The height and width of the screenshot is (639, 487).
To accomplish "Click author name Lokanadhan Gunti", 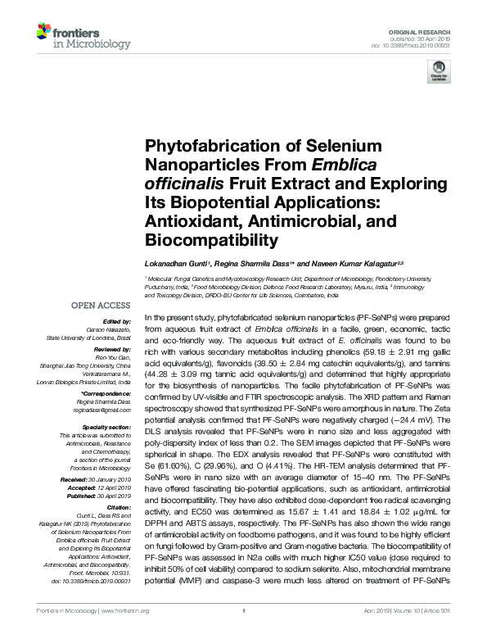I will (x=177, y=264).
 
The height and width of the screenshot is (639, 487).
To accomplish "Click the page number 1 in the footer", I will (x=244, y=632).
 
